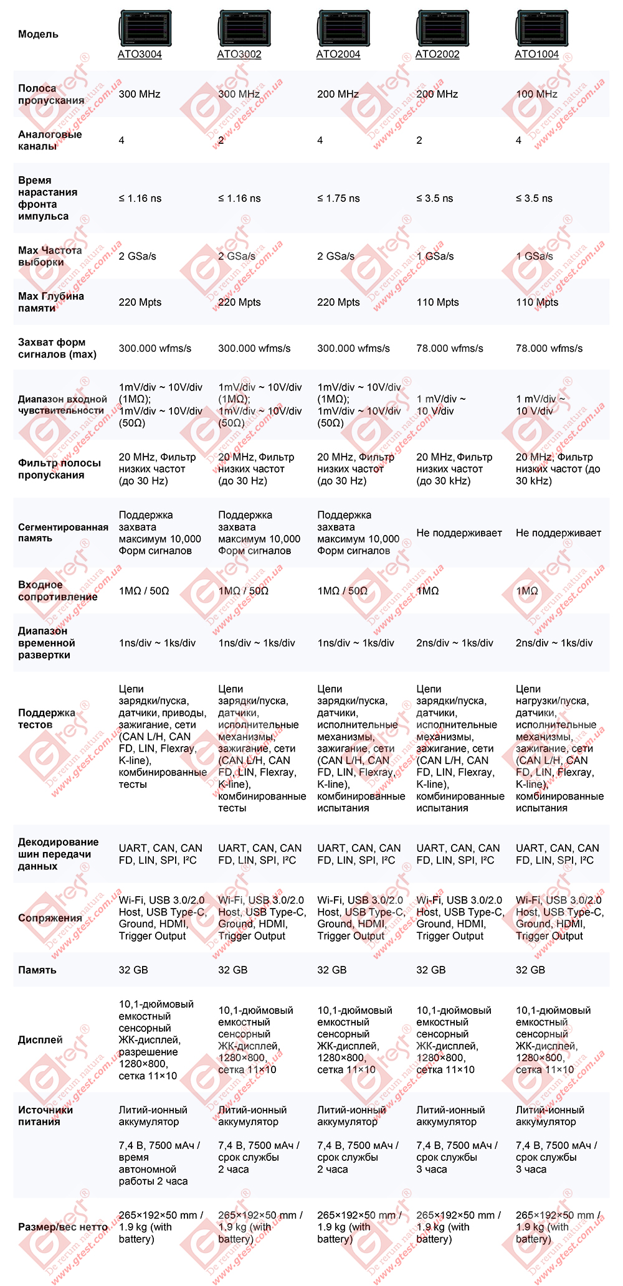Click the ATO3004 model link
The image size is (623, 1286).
(x=140, y=54)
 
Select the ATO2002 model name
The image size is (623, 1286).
(x=437, y=54)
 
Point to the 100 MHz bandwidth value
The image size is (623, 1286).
(x=536, y=94)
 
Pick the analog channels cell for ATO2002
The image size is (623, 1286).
(x=419, y=141)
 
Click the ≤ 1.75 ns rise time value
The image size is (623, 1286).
(x=338, y=199)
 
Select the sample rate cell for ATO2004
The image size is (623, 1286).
(x=336, y=257)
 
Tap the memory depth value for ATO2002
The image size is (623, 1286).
(x=437, y=303)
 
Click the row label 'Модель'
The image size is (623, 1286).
(x=38, y=34)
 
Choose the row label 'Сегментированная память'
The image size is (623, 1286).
(x=63, y=532)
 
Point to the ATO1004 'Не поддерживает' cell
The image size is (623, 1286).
(x=558, y=533)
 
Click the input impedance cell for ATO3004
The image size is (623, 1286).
(x=144, y=591)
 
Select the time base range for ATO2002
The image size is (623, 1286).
(x=455, y=643)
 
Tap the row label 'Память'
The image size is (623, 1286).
(x=37, y=970)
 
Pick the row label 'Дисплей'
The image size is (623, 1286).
(x=40, y=1040)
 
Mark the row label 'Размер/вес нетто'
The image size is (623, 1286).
(x=63, y=1227)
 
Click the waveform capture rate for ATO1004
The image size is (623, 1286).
(x=549, y=349)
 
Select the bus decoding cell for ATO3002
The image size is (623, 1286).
(x=259, y=854)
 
